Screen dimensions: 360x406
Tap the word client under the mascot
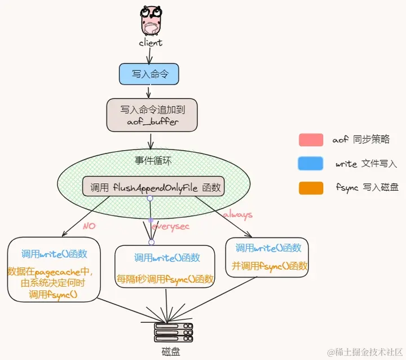click(x=151, y=42)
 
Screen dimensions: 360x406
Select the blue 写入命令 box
click(x=149, y=74)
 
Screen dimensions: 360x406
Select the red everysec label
click(x=171, y=226)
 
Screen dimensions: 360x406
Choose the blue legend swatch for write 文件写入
click(x=311, y=164)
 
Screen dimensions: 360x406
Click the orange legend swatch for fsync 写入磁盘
click(x=311, y=187)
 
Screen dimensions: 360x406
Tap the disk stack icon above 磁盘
click(x=173, y=333)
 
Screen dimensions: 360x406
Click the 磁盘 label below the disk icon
click(x=172, y=352)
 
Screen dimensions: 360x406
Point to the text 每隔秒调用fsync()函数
click(x=165, y=279)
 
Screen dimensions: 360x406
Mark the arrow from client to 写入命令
click(x=149, y=55)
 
